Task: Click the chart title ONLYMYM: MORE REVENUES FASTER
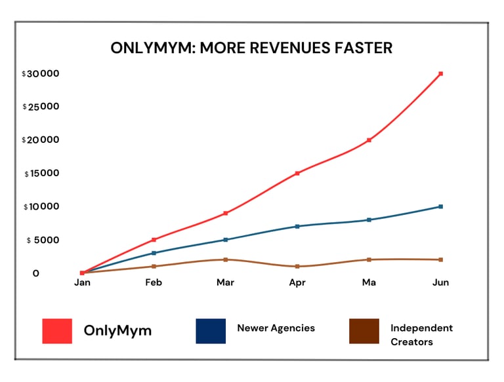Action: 251,48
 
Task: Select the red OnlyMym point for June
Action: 440,73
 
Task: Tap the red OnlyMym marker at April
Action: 297,173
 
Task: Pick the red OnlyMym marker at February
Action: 154,240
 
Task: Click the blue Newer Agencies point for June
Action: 440,206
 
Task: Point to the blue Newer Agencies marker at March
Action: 226,240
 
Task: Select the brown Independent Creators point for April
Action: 297,266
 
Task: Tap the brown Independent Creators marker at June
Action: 440,259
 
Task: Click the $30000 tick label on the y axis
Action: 41,73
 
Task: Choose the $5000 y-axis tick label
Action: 44,240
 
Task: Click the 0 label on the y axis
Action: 36,273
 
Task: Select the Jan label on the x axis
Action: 82,282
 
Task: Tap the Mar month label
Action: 226,282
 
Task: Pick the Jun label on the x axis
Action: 440,282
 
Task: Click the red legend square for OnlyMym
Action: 57,331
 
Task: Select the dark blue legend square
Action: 211,331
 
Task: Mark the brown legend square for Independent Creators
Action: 364,331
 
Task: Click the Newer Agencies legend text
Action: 276,328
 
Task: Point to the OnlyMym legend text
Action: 117,331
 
